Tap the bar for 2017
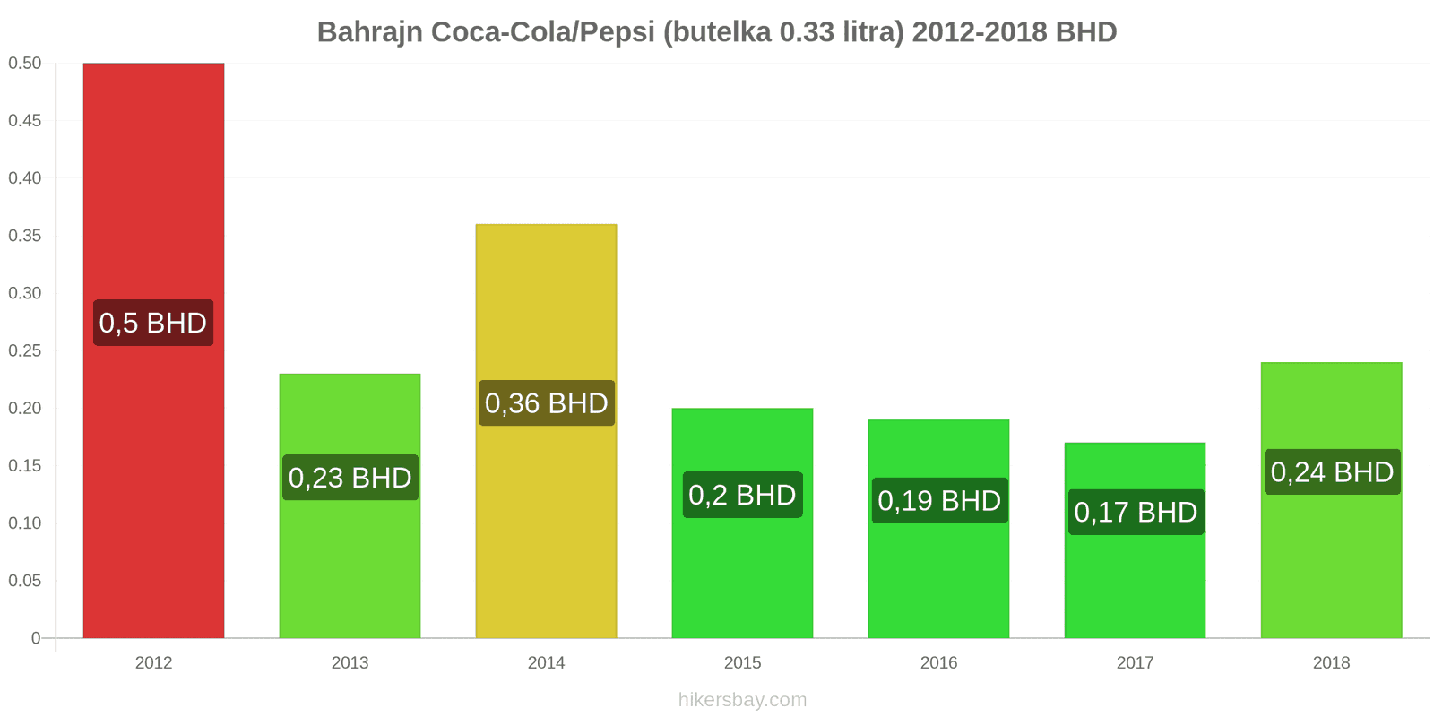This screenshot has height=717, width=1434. pyautogui.click(x=1135, y=574)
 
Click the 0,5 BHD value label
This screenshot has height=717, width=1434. pyautogui.click(x=153, y=323)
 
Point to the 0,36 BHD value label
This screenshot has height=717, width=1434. pyautogui.click(x=546, y=403)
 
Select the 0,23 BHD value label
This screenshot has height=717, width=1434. pyautogui.click(x=350, y=478)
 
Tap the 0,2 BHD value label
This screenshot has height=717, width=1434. pyautogui.click(x=742, y=495)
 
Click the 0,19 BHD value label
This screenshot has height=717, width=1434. pyautogui.click(x=938, y=500)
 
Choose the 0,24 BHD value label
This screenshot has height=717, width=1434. pyautogui.click(x=1332, y=472)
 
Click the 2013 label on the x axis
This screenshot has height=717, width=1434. pyautogui.click(x=350, y=663)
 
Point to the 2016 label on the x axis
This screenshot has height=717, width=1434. pyautogui.click(x=938, y=663)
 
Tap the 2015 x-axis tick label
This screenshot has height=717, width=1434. pyautogui.click(x=742, y=663)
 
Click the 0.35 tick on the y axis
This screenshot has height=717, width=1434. pyautogui.click(x=25, y=236)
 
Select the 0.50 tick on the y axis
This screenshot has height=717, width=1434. pyautogui.click(x=25, y=64)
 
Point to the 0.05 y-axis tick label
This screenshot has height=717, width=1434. pyautogui.click(x=25, y=581)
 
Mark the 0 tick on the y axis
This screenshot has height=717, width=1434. pyautogui.click(x=36, y=638)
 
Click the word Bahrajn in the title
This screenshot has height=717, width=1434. pyautogui.click(x=370, y=32)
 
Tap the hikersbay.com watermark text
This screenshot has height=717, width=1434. pyautogui.click(x=742, y=700)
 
